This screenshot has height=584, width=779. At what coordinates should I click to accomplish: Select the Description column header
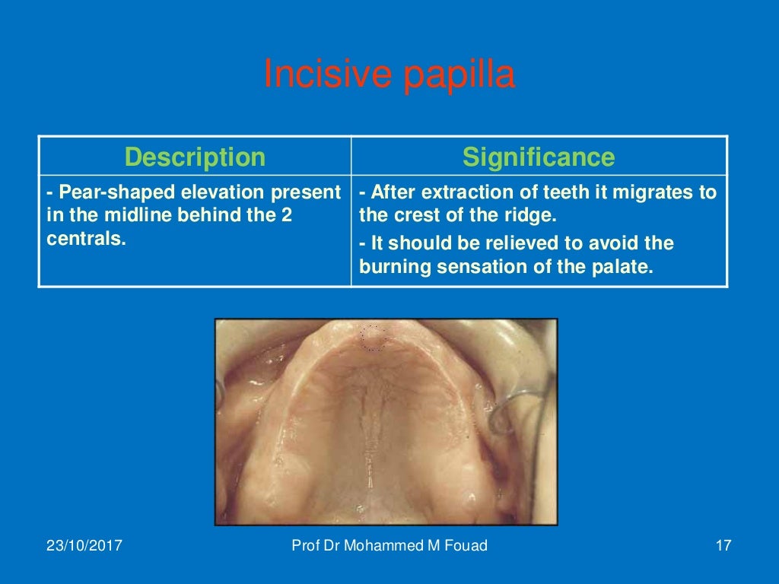pyautogui.click(x=195, y=157)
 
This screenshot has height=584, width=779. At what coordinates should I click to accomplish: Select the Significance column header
pyautogui.click(x=539, y=157)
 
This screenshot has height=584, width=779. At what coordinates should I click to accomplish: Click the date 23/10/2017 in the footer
pyautogui.click(x=85, y=545)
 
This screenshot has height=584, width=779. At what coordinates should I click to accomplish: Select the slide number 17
pyautogui.click(x=723, y=545)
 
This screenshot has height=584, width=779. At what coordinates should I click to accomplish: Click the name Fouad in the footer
pyautogui.click(x=463, y=545)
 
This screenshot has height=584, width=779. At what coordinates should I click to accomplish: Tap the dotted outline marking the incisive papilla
pyautogui.click(x=373, y=338)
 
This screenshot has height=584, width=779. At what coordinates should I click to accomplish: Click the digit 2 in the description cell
pyautogui.click(x=287, y=215)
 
